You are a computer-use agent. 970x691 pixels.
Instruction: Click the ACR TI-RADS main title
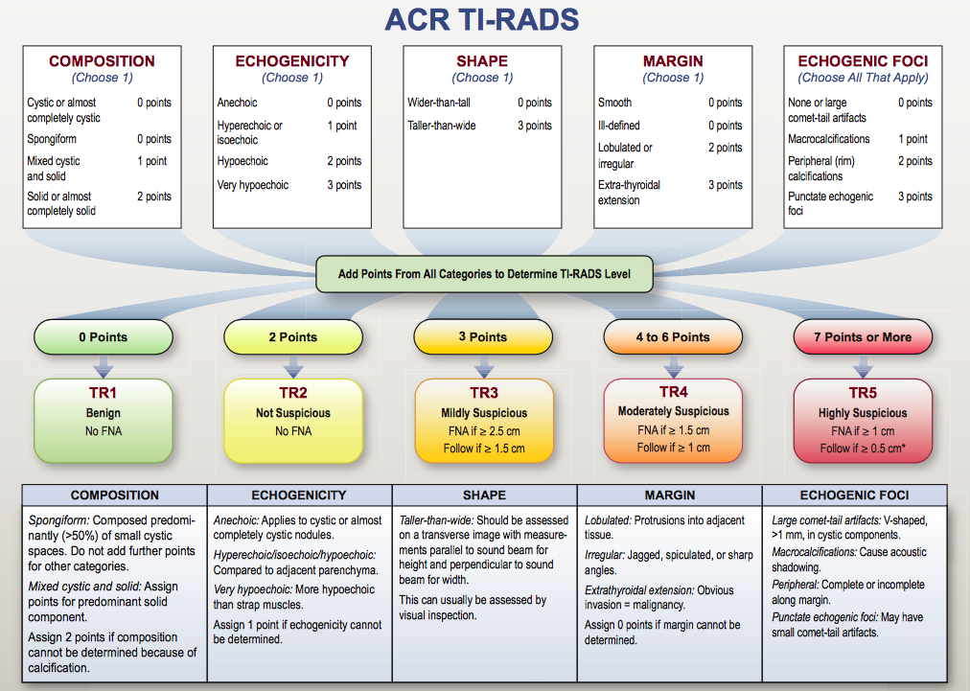click(x=482, y=19)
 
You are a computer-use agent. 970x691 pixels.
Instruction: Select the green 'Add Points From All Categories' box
click(x=484, y=274)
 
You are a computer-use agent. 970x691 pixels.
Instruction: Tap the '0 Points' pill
click(x=104, y=337)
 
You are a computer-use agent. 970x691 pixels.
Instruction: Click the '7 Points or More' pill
click(x=863, y=337)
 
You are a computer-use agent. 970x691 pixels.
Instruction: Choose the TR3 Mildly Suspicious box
click(x=484, y=421)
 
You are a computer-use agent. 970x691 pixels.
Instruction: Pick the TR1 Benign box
click(x=104, y=421)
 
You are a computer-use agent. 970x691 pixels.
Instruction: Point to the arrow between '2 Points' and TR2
click(x=293, y=366)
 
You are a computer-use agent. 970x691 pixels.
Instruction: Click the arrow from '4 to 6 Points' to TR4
click(x=673, y=366)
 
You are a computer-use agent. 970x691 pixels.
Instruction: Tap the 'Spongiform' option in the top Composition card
click(x=52, y=139)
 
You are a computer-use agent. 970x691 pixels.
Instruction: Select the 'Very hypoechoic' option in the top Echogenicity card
click(x=252, y=185)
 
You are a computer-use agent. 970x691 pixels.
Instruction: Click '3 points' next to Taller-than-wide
click(x=535, y=126)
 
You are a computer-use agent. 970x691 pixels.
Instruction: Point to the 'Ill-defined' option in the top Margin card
click(x=618, y=126)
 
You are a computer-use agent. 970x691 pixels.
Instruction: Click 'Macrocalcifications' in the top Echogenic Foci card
click(x=828, y=139)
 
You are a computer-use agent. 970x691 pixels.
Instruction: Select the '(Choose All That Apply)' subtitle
click(x=863, y=78)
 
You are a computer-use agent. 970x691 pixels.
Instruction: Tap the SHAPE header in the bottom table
click(x=484, y=495)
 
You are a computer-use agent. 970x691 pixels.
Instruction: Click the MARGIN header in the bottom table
click(x=670, y=495)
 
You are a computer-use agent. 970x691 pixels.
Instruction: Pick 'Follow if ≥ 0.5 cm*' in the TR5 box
click(x=863, y=449)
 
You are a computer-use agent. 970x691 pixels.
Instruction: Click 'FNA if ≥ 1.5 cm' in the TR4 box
click(x=673, y=430)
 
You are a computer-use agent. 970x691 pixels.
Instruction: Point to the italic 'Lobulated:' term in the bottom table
click(x=608, y=520)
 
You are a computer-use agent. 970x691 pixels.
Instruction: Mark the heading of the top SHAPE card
click(x=482, y=61)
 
